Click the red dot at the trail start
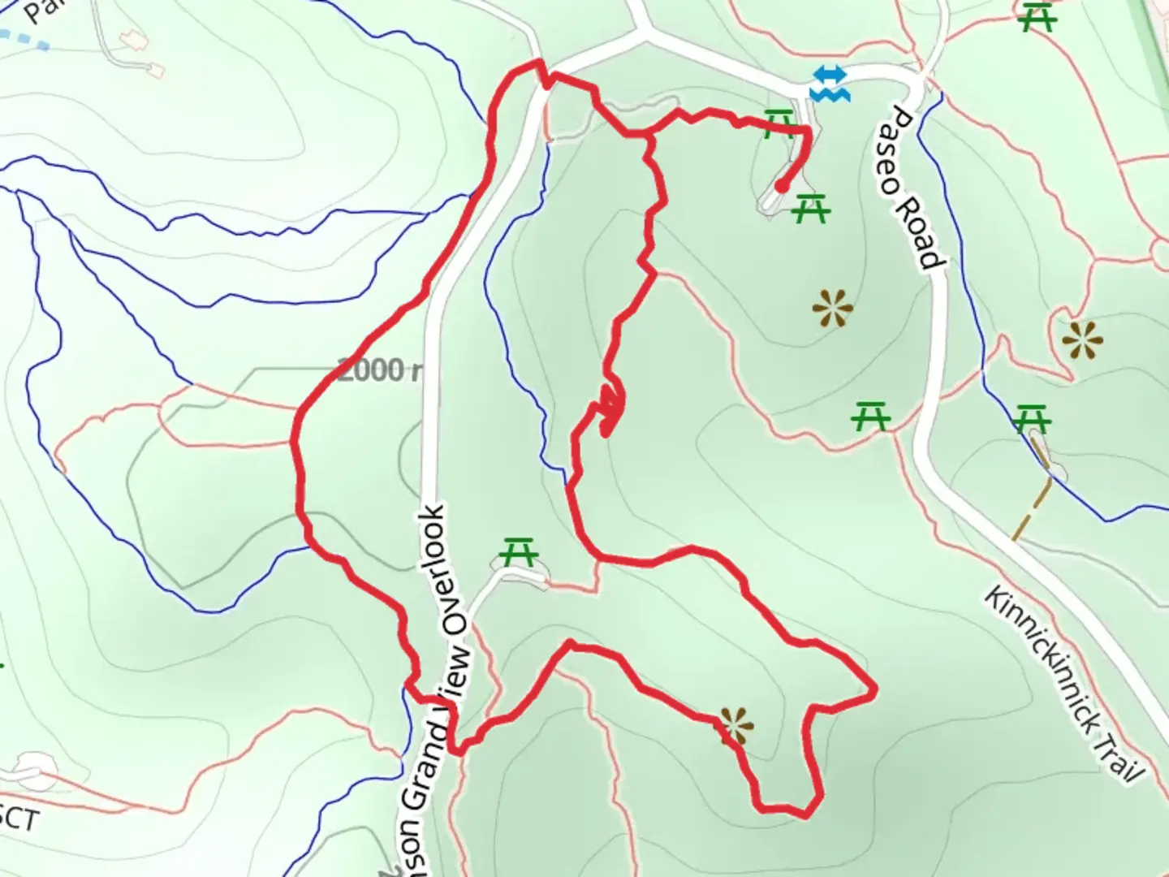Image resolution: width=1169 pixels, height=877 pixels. (780, 186)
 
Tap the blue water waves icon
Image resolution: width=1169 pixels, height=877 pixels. (830, 84)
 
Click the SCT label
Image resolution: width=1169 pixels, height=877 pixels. (18, 819)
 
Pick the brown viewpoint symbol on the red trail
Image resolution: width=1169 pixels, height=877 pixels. (735, 725)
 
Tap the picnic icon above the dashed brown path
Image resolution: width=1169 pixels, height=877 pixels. (1032, 419)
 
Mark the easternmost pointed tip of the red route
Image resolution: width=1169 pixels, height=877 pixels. (875, 691)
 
